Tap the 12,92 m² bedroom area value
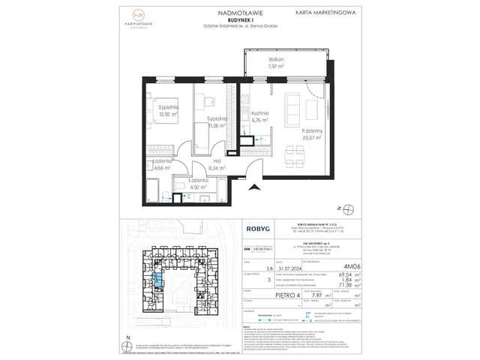(x=166, y=115)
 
